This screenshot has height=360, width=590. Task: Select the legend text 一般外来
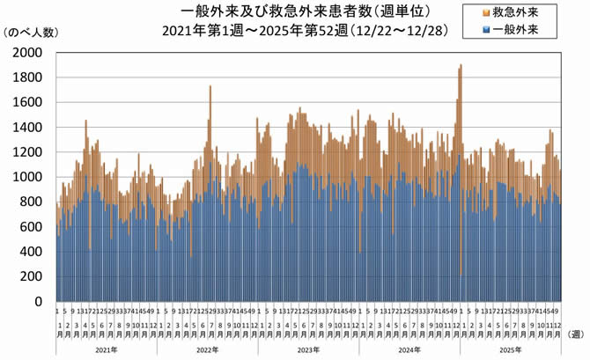click(x=514, y=30)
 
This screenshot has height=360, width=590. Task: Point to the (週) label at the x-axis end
click(x=576, y=334)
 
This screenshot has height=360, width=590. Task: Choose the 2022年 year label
click(x=207, y=349)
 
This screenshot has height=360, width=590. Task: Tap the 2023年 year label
click(x=308, y=349)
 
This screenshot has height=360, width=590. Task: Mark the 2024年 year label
click(x=409, y=349)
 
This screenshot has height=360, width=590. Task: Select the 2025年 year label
click(x=511, y=349)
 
